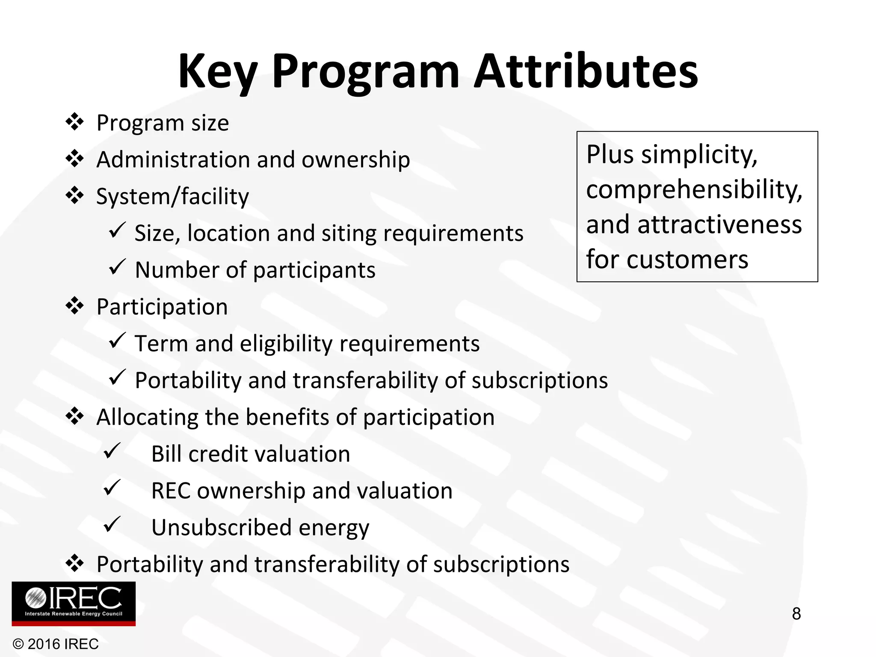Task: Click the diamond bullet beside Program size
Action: pos(75,122)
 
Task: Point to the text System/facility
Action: pos(172,197)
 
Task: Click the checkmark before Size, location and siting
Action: pos(117,231)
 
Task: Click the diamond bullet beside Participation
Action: pos(75,306)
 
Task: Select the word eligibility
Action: pos(286,343)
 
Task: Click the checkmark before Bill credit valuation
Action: pos(112,451)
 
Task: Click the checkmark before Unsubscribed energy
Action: pos(112,524)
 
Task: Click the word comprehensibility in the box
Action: pos(694,189)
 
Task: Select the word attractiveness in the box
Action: pos(719,225)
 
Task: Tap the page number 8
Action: pos(796,614)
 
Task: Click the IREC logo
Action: pos(74,604)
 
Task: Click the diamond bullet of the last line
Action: pos(75,564)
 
